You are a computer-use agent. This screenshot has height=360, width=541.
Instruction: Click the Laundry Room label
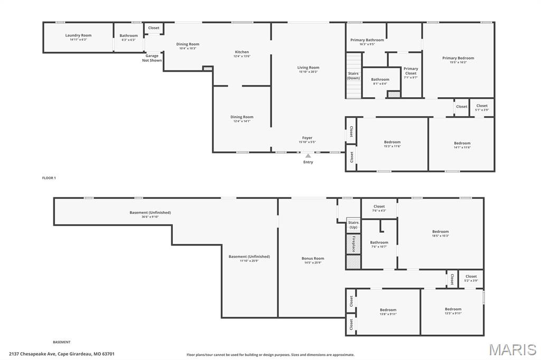pyautogui.click(x=78, y=35)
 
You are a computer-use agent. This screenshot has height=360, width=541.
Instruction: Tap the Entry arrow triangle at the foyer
pyautogui.click(x=308, y=155)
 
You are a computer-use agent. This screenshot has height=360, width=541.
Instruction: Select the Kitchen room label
pyautogui.click(x=242, y=52)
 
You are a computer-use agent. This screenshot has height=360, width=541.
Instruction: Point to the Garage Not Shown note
pyautogui.click(x=152, y=58)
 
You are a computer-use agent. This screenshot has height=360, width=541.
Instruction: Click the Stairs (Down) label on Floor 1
pyautogui.click(x=353, y=75)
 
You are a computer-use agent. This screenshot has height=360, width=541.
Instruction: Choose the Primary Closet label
pyautogui.click(x=411, y=71)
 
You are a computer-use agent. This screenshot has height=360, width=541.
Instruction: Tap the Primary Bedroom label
pyautogui.click(x=458, y=58)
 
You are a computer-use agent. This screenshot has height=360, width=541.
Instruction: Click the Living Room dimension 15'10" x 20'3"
pyautogui.click(x=308, y=72)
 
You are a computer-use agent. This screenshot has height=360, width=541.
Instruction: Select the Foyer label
pyautogui.click(x=307, y=138)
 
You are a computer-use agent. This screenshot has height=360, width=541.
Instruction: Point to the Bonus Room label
pyautogui.click(x=313, y=258)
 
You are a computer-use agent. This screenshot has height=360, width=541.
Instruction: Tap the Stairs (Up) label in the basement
pyautogui.click(x=353, y=225)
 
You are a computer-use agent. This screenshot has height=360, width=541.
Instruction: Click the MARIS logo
pyautogui.click(x=512, y=349)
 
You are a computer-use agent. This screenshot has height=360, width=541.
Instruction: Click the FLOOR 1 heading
pyautogui.click(x=49, y=178)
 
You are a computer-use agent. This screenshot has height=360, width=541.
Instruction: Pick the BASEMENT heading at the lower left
pyautogui.click(x=61, y=342)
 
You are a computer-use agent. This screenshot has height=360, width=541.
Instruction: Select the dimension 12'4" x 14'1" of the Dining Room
pyautogui.click(x=241, y=121)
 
